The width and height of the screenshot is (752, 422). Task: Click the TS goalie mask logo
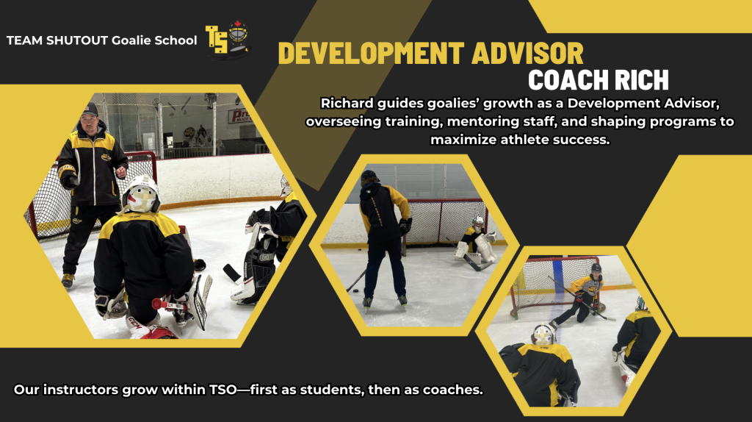(228, 39)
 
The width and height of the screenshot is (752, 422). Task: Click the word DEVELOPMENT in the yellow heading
(371, 53)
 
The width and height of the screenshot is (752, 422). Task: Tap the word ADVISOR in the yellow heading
(527, 53)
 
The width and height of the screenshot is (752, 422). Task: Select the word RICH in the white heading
(642, 80)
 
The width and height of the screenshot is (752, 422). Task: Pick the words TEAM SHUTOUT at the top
(57, 40)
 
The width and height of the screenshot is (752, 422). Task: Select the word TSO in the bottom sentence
(223, 390)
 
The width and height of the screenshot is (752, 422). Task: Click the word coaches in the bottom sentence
(452, 390)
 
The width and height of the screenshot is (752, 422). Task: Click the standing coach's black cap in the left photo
(89, 110)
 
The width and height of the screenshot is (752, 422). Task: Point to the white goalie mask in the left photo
(140, 194)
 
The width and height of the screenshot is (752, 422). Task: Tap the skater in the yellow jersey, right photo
(580, 294)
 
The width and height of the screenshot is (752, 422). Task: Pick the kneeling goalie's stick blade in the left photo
(231, 273)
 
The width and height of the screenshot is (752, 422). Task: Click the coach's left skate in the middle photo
(367, 302)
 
